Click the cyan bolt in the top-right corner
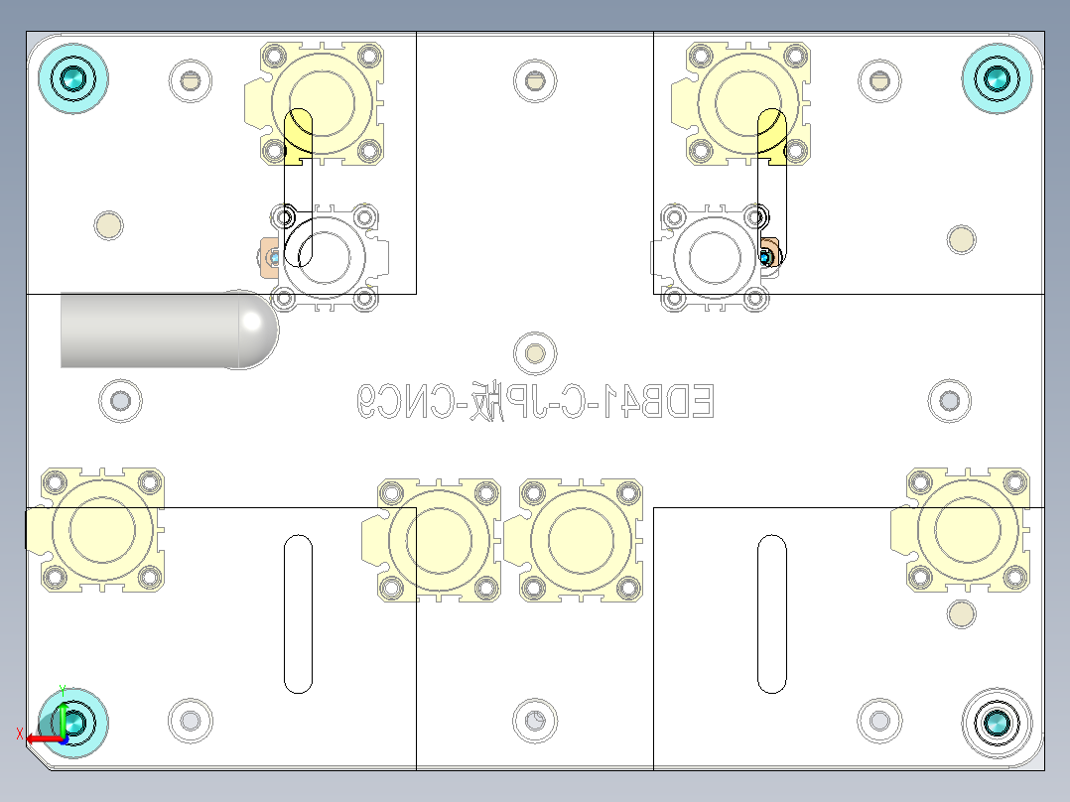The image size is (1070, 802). coord(998,76)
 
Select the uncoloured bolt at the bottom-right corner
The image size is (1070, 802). coord(998,724)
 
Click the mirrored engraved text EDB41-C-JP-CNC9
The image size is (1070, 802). coord(535,402)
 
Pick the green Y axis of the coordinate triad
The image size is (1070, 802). coord(63,713)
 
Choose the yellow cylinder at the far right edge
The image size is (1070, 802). coord(968,530)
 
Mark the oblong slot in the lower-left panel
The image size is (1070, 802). coord(298,613)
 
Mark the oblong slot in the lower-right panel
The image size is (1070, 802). coord(772,613)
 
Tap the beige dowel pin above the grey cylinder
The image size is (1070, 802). coord(108,225)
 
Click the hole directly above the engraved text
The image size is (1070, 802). coord(535,353)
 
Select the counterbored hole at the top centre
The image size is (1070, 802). coord(535,81)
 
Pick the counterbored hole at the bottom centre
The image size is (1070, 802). coord(535,720)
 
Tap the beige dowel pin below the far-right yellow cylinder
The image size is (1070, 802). coord(960,614)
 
